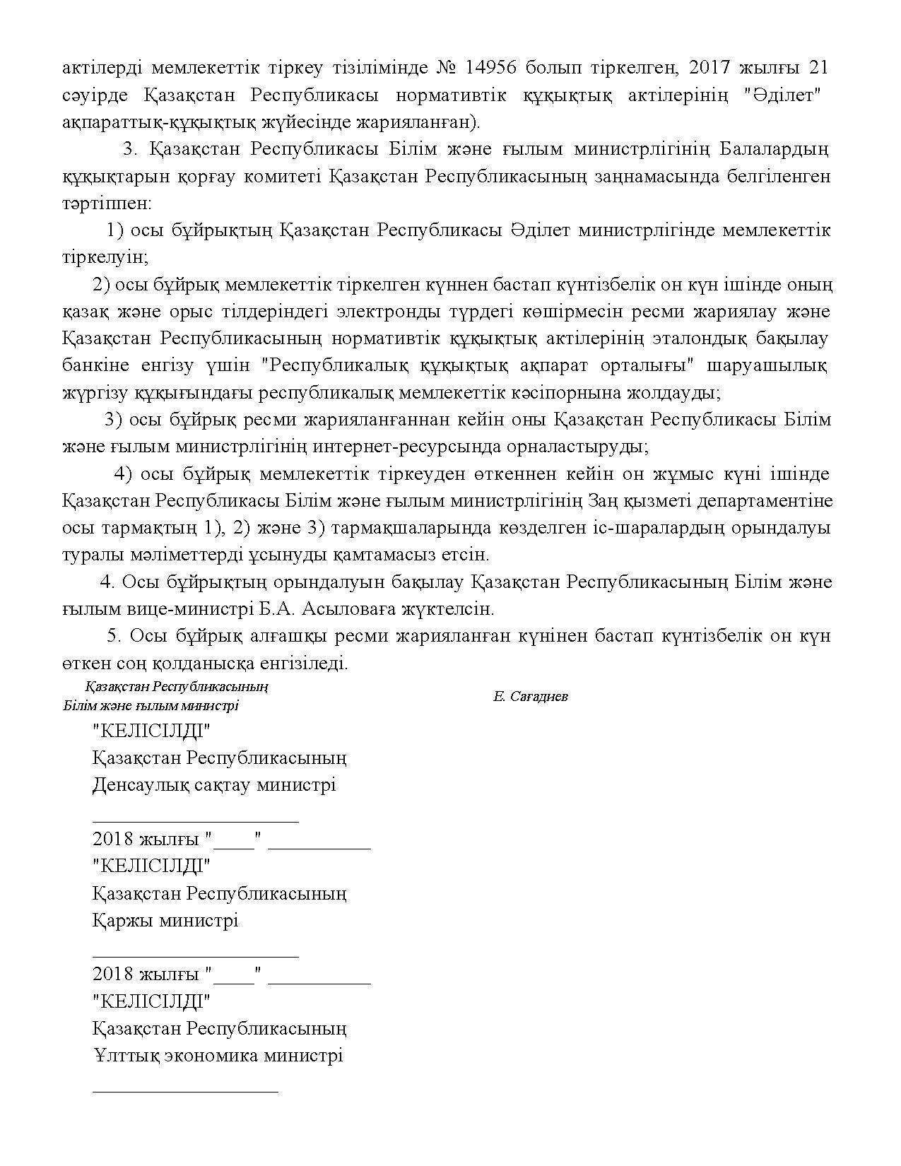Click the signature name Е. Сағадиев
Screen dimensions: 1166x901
pos(530,697)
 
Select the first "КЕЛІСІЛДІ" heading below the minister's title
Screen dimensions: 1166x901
pos(152,730)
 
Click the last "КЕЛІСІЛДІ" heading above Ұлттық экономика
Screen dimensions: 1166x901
pos(152,1001)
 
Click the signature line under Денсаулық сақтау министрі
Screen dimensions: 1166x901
pos(195,821)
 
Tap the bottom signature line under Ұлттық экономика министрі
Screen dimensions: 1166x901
pos(185,1092)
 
